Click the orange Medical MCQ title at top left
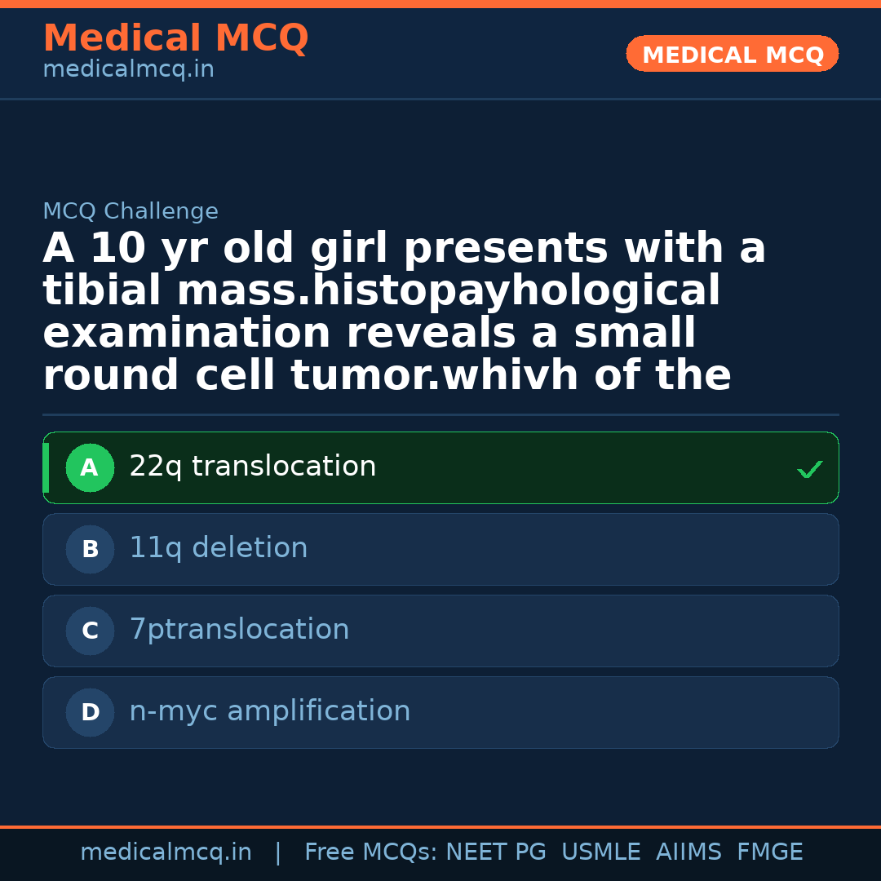point(175,38)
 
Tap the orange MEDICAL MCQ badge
point(733,55)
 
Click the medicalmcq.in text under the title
point(128,70)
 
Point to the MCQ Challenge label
point(131,212)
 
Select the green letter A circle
point(90,467)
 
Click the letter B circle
point(90,549)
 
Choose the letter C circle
point(90,631)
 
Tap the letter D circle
point(90,712)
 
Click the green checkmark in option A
point(809,469)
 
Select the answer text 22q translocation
point(253,467)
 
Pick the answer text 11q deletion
point(219,548)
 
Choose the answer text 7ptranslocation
point(239,630)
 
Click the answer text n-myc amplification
point(270,711)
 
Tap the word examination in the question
point(187,334)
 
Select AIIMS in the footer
point(688,852)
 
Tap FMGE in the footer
point(770,852)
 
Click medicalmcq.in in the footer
point(166,852)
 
